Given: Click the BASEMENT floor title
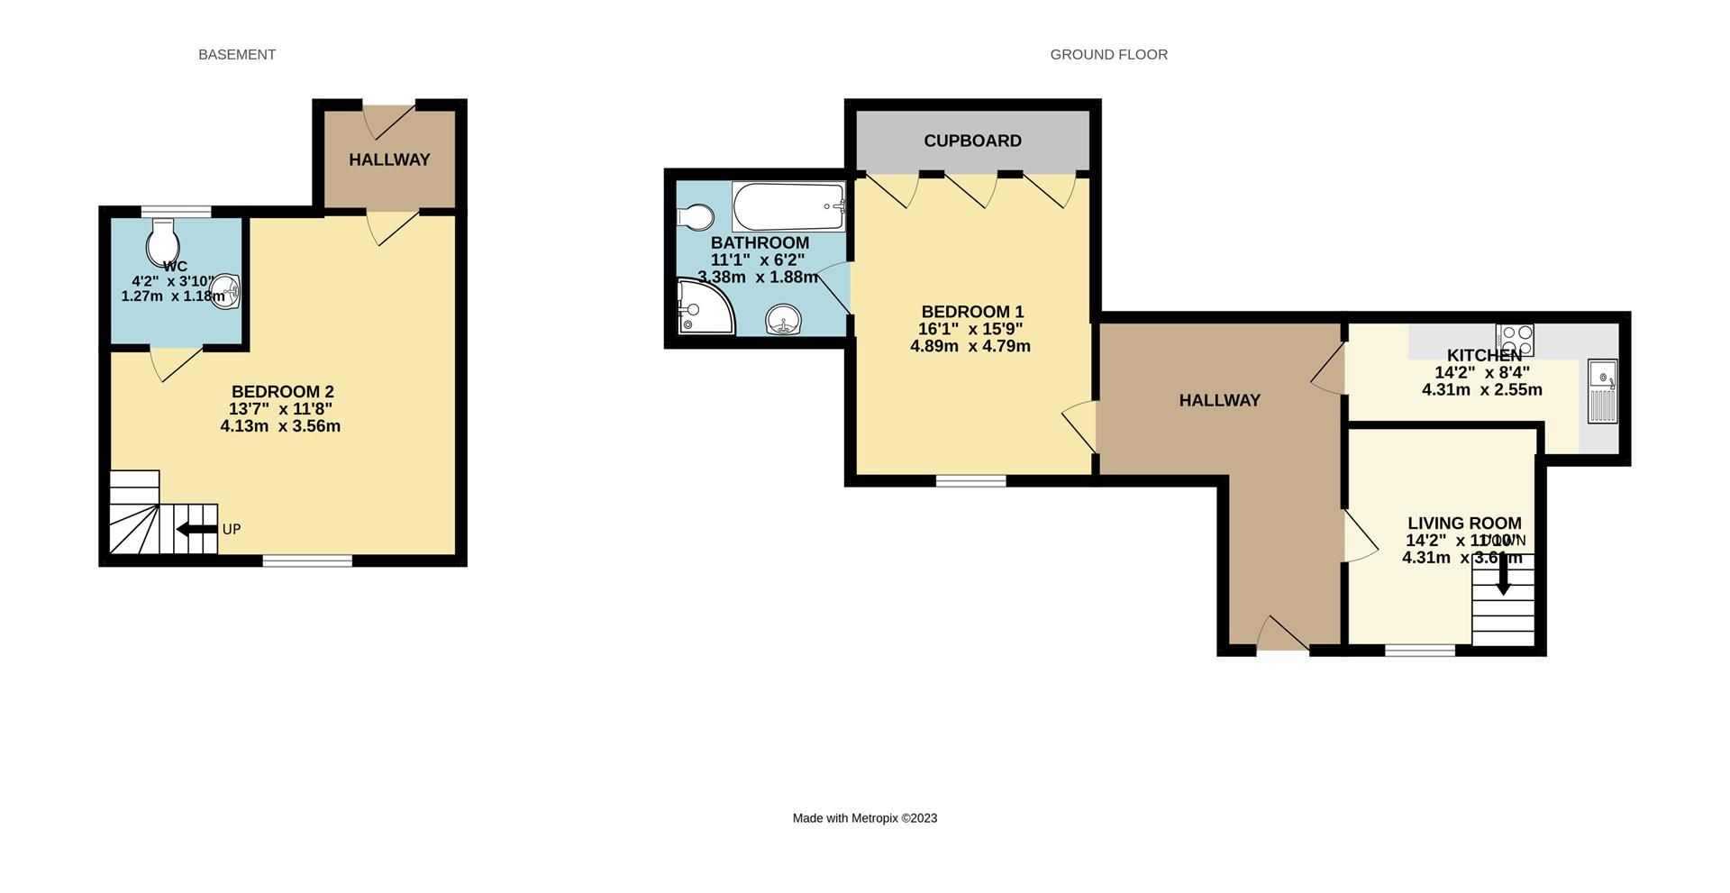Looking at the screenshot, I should pos(237,55).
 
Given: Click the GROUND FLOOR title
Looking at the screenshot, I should pos(1108,55).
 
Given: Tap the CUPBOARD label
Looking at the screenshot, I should pos(972,141).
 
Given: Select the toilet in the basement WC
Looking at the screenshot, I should pos(163,240).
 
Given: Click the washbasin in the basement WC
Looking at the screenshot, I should pos(226,293).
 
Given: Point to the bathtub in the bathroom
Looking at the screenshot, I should pos(788,207).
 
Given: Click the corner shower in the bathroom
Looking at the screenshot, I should pos(703,307).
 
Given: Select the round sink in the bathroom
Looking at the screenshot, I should pos(784,319).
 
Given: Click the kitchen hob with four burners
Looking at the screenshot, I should pos(1514,340).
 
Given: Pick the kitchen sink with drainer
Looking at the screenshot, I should pos(1603,391).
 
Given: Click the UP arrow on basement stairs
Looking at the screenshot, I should pos(196,529).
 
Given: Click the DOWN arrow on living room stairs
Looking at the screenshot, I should pos(1503,574).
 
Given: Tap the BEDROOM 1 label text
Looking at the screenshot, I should pos(972,313).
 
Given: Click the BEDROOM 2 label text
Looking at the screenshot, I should pos(282,392).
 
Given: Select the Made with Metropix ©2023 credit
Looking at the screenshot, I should pos(864,818).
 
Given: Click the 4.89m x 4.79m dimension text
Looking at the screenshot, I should pos(970,346).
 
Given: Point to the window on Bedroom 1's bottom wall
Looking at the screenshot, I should pos(970,481).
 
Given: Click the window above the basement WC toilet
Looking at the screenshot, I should pos(176,212).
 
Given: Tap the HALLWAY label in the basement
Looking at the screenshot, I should pos(389,159).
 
